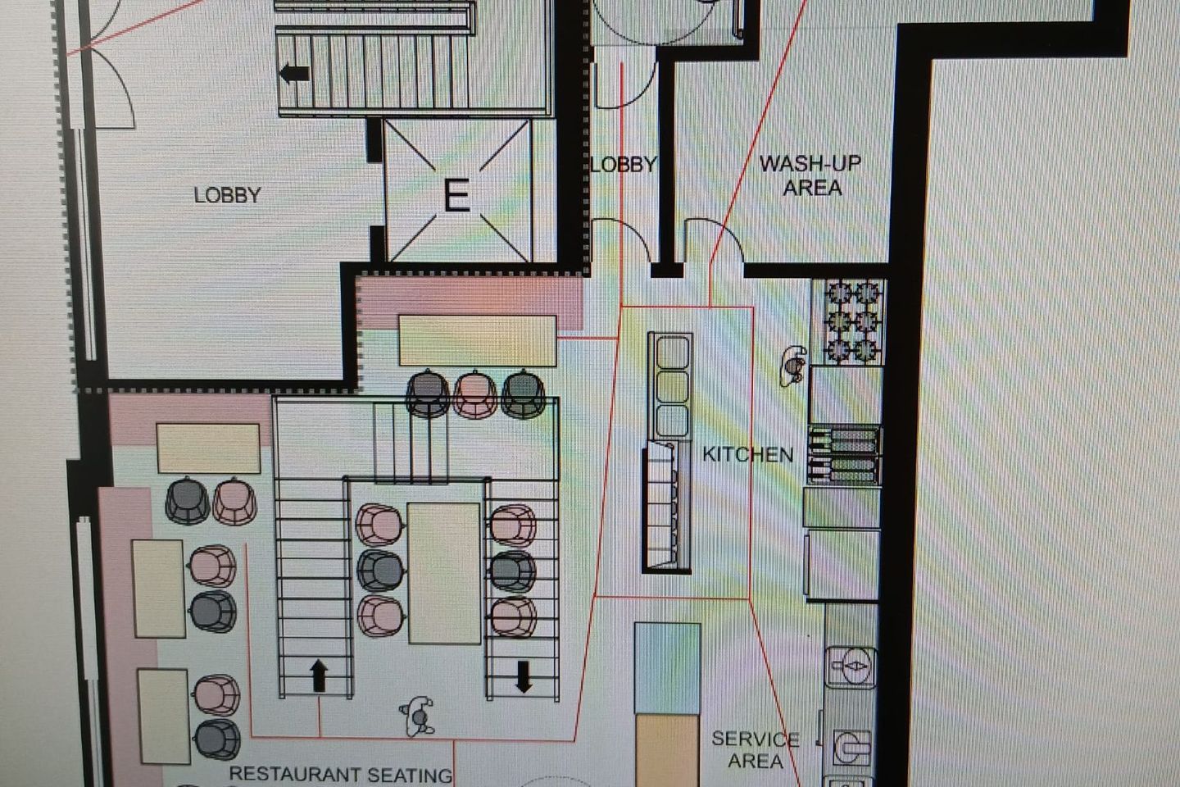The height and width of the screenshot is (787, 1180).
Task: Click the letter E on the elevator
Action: tap(456, 196)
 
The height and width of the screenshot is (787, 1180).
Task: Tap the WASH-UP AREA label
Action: tap(810, 175)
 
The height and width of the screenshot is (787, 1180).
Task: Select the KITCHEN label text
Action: tap(748, 454)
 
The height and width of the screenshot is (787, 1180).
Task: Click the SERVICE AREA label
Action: tap(756, 749)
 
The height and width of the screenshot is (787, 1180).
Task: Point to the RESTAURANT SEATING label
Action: tap(341, 775)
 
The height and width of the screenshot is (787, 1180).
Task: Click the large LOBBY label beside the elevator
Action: tap(228, 196)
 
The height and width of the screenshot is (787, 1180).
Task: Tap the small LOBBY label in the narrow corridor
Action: tap(624, 165)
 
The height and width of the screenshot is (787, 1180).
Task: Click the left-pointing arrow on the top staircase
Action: tap(294, 73)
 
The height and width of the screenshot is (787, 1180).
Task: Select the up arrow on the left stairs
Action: tap(319, 676)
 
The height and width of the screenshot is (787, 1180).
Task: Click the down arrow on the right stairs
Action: tap(523, 677)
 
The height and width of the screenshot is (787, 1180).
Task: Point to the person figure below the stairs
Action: tap(418, 716)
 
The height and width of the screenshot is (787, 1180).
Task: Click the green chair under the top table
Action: tap(523, 393)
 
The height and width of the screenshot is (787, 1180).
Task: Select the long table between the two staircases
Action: tap(444, 574)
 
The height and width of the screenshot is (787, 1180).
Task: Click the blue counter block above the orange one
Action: tap(667, 668)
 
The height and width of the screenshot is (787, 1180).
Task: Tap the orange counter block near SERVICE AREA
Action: tap(667, 751)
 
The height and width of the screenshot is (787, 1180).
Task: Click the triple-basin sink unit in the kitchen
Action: tap(670, 386)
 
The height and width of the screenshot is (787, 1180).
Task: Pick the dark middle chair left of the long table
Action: tap(380, 571)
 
